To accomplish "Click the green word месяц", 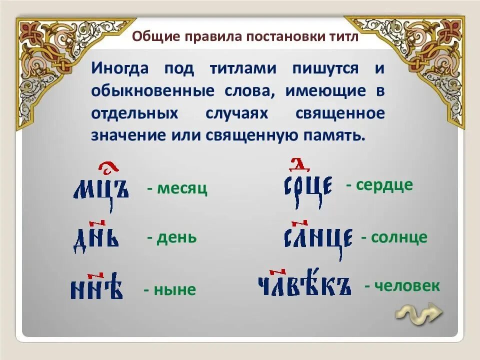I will pyautogui.click(x=182, y=189).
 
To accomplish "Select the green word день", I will pyautogui.click(x=176, y=237).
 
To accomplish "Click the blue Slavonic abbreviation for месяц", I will pyautogui.click(x=101, y=190).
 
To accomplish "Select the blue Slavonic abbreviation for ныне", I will pyautogui.click(x=96, y=289).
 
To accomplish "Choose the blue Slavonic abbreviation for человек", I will pyautogui.click(x=304, y=286).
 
